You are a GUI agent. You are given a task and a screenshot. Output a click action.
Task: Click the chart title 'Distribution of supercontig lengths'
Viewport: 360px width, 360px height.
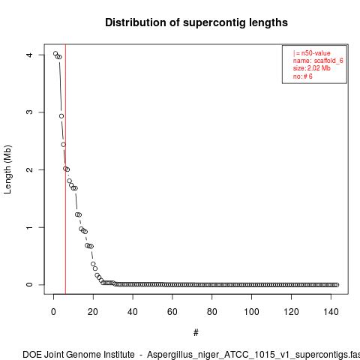pos(196,22)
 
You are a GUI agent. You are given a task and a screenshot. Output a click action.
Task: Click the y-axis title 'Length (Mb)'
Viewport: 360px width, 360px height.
pos(7,169)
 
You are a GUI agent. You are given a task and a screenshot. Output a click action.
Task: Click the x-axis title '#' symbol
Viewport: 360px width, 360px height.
pos(196,333)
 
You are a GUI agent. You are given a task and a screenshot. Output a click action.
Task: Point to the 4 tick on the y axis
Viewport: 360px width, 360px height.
pos(29,55)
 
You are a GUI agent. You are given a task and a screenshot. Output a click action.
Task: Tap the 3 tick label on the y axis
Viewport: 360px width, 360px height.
pos(29,112)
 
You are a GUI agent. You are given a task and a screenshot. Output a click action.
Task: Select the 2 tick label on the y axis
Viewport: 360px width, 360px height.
pos(29,169)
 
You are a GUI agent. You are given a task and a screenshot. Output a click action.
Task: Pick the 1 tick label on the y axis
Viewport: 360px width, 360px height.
pos(29,227)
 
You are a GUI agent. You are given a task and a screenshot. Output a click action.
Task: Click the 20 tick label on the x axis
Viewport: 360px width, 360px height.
pos(93,312)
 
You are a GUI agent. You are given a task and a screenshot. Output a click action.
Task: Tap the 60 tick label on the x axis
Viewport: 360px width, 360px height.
pos(172,312)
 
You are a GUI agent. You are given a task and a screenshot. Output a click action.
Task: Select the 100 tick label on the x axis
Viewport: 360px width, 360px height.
pos(251,312)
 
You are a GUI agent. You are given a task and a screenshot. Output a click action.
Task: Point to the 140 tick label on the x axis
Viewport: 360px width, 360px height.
pos(331,312)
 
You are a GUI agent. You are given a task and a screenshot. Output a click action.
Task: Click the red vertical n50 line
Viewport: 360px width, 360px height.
pos(65,169)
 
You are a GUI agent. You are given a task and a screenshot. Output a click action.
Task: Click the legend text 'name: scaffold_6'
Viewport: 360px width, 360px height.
pos(318,61)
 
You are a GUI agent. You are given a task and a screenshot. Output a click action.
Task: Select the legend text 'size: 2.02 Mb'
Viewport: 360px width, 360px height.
pos(312,68)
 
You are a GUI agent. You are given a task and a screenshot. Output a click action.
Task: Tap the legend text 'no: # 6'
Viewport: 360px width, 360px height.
pos(303,76)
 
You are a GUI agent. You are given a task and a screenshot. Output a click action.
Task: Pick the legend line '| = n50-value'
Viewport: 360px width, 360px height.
pos(312,53)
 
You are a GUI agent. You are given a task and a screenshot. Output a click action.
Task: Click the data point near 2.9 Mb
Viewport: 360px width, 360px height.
pos(61,116)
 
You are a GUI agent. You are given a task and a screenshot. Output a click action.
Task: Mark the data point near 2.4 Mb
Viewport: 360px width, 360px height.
pos(64,145)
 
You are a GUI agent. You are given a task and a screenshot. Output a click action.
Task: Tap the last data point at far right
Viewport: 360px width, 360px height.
pos(337,285)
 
